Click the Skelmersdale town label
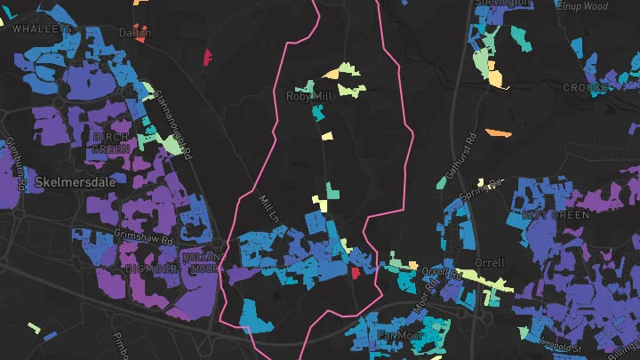point(69,181)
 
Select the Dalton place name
point(135,33)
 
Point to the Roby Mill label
point(308,96)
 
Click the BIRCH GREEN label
point(112,142)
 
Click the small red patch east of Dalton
point(208,58)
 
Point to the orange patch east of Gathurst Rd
point(499,133)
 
